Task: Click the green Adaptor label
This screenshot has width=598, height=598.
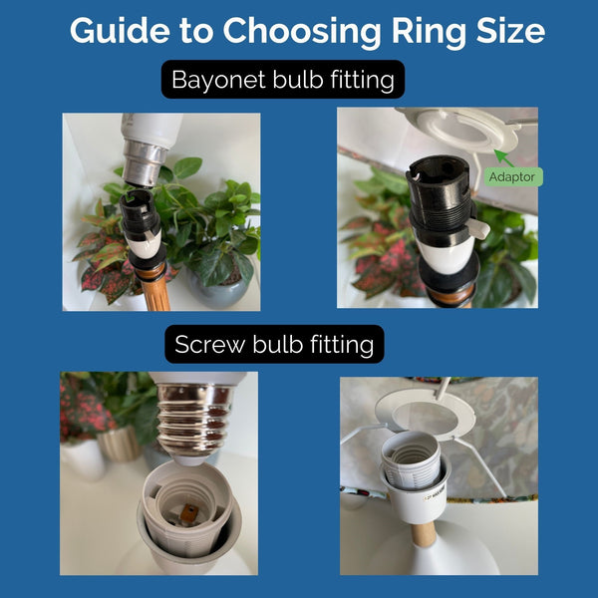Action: (514, 176)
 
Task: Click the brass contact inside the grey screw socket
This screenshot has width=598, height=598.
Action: (185, 515)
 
